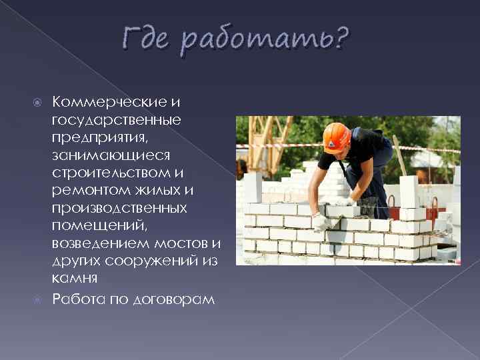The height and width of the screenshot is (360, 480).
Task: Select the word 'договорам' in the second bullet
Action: tap(176, 299)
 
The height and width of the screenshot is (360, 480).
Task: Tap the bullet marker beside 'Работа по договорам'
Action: tap(38, 299)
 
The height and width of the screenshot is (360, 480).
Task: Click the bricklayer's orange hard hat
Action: tap(335, 137)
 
